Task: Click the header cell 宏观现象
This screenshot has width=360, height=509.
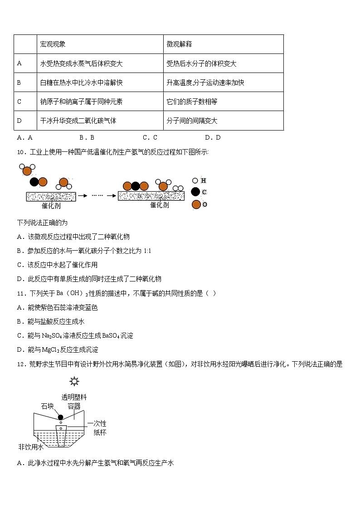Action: (53, 44)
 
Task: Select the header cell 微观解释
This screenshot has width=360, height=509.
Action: (179, 44)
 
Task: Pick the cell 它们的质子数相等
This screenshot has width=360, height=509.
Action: (192, 102)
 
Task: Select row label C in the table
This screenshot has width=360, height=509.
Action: (19, 102)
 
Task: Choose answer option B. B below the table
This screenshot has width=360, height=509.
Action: (86, 137)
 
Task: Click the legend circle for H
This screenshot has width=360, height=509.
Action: (195, 180)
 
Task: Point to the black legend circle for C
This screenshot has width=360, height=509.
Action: (195, 192)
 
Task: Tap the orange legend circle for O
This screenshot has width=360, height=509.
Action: (196, 204)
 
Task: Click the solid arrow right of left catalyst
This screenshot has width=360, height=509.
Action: (82, 196)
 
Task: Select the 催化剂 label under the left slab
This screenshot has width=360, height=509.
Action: (51, 205)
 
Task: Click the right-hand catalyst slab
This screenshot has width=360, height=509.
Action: (151, 196)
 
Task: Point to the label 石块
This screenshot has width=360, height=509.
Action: (48, 406)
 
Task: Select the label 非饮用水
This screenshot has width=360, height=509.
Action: (30, 447)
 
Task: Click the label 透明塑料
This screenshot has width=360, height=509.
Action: (74, 398)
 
